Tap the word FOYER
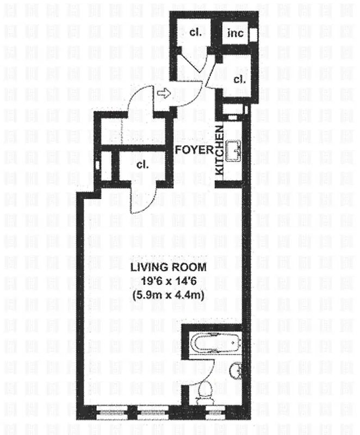(x=194, y=151)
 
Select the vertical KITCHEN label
(x=220, y=151)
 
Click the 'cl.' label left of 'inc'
(x=195, y=33)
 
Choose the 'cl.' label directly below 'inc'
(x=239, y=79)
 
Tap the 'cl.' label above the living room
(x=143, y=164)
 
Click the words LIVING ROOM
(x=167, y=267)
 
